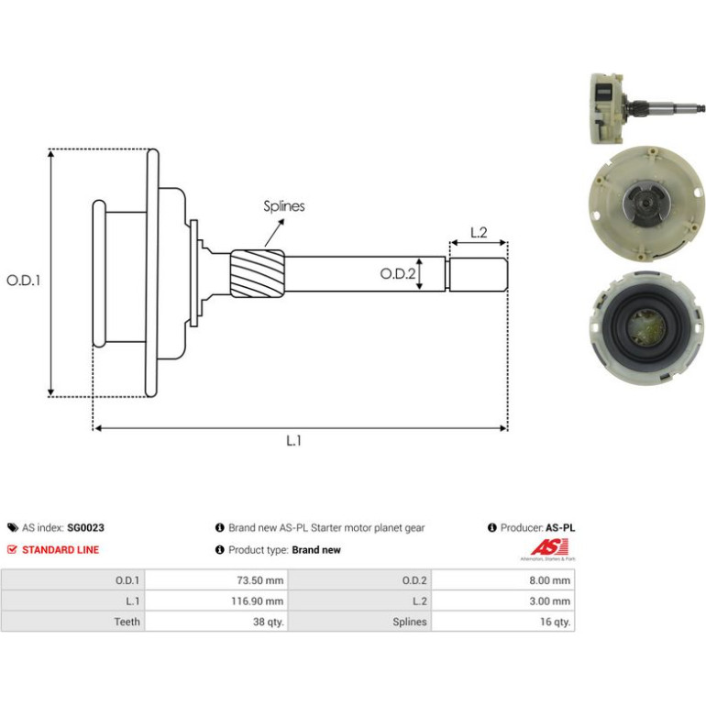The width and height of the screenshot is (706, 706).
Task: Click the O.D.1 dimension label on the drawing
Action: point(24,281)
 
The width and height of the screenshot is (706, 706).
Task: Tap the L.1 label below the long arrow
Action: point(293,440)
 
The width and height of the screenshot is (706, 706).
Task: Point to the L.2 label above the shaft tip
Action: point(479,232)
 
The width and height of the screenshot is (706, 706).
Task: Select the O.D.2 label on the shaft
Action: point(398,273)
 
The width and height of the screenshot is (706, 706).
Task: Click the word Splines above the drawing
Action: point(284,206)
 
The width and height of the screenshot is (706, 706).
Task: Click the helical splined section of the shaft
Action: point(258,274)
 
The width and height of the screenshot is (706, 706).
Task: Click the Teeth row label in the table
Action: point(127,622)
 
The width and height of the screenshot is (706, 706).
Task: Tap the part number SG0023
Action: point(85,528)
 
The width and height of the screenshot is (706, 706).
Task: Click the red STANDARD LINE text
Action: point(61,550)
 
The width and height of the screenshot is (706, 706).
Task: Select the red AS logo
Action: point(548,547)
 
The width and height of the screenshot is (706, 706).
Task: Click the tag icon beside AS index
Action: point(13,528)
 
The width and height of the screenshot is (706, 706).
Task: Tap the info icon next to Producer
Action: point(492,528)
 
